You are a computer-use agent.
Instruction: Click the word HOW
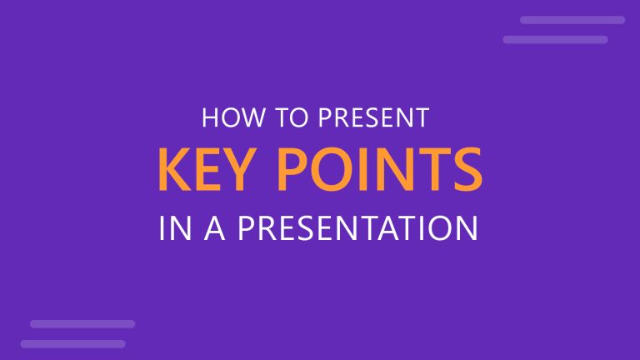228,118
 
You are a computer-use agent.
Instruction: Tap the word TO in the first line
282,118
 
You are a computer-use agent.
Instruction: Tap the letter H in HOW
210,118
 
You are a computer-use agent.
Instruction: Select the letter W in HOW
247,118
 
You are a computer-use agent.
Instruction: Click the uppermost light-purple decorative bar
572,20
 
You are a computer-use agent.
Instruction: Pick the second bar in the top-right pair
555,39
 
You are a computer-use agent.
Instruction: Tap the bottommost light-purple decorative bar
73,343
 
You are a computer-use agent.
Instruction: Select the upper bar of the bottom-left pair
82,323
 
